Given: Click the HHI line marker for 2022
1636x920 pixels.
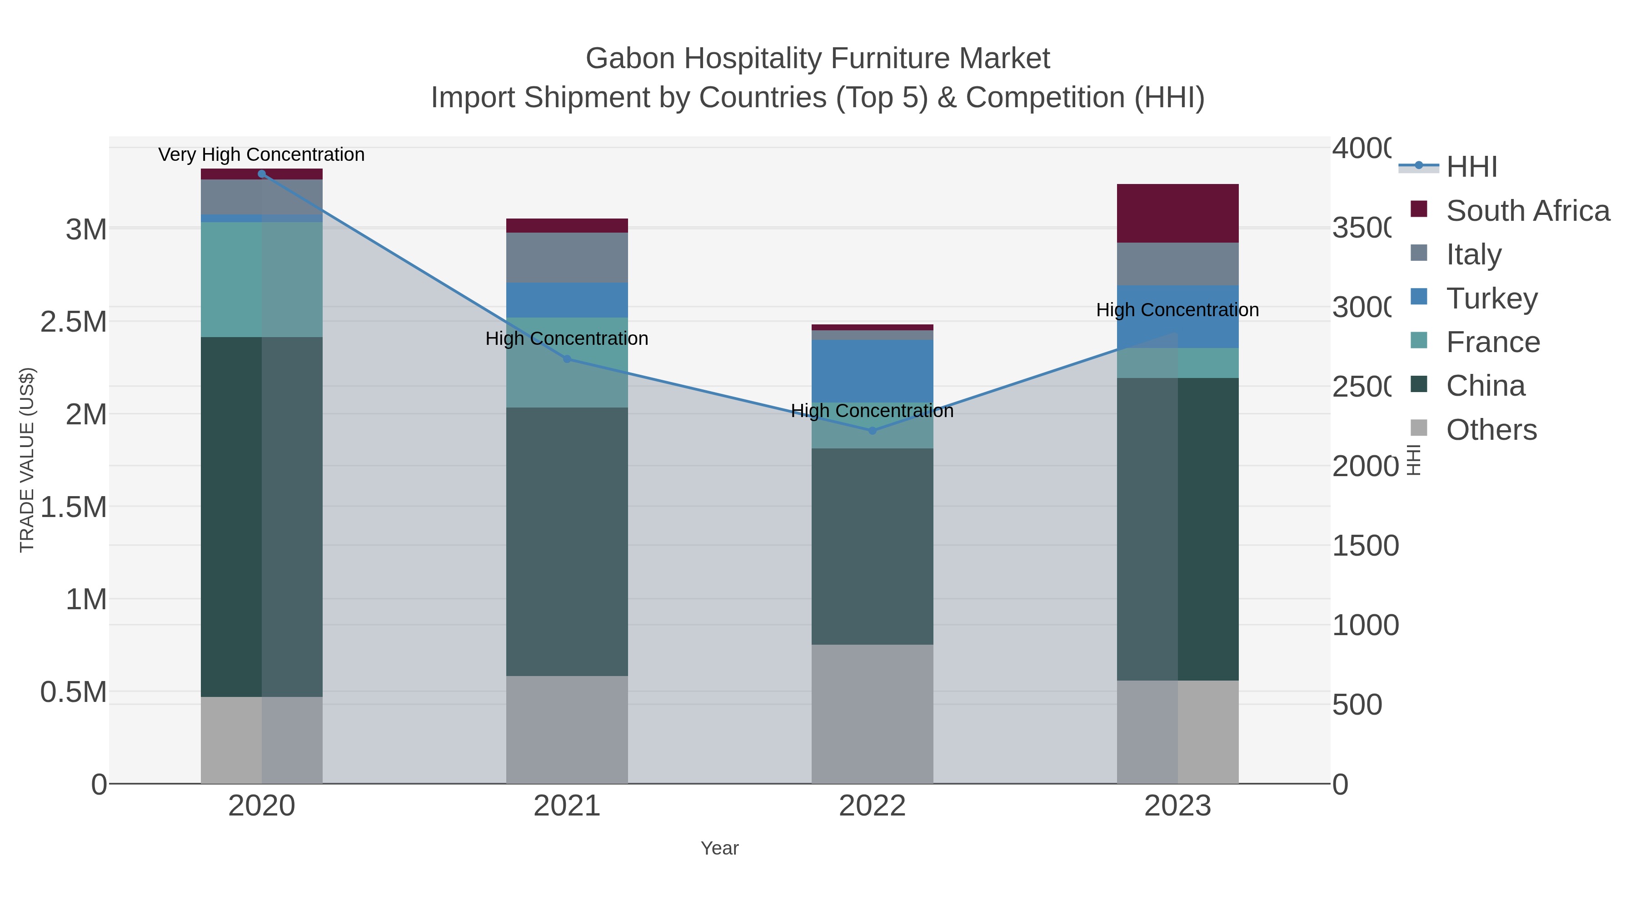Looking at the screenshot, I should coord(872,431).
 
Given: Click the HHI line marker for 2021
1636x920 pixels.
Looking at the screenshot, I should coord(567,359).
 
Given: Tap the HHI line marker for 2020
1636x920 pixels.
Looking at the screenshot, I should coord(262,174).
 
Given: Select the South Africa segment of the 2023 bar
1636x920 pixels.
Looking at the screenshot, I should coord(1177,214).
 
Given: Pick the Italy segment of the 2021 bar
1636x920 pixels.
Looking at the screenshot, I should coord(567,257).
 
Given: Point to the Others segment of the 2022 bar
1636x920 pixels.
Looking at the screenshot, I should coord(872,714).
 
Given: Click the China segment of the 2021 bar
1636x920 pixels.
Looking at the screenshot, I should coord(567,541).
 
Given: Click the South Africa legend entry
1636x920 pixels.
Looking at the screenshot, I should coord(1527,210).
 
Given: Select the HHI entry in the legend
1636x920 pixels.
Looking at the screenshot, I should coord(1471,167).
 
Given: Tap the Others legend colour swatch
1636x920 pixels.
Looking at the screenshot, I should coord(1419,428).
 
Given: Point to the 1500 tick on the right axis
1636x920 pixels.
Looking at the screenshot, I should coord(1365,545).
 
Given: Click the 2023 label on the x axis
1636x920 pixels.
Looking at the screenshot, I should coord(1177,806).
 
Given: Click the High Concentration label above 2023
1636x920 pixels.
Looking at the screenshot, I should coord(1177,310).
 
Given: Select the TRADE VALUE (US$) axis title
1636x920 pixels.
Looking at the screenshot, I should coord(27,460).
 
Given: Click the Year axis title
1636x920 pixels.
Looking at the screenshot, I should coord(719,848).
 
